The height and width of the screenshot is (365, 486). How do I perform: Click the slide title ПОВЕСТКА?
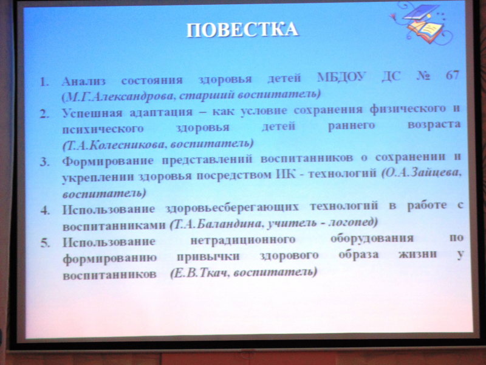pyautogui.click(x=242, y=30)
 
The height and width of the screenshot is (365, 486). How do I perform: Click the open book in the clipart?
pyautogui.click(x=425, y=31)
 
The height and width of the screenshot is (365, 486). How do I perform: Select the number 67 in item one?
pyautogui.click(x=452, y=75)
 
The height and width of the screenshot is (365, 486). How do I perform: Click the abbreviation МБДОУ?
pyautogui.click(x=341, y=77)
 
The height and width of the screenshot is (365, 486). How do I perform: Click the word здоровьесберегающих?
pyautogui.click(x=232, y=208)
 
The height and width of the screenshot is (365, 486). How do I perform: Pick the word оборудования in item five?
pyautogui.click(x=372, y=238)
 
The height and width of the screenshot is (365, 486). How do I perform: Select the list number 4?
pyautogui.click(x=45, y=210)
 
